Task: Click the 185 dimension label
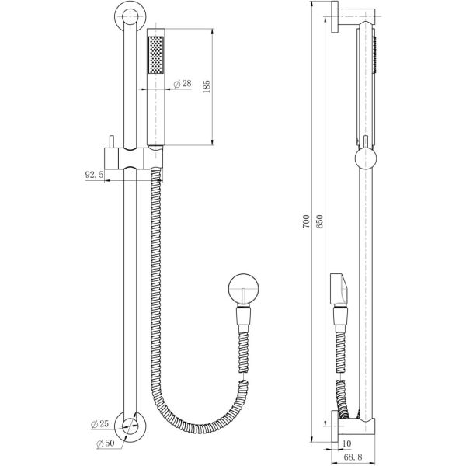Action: pyautogui.click(x=207, y=86)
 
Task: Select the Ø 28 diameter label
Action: pyautogui.click(x=183, y=84)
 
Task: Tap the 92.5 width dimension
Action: pyautogui.click(x=94, y=175)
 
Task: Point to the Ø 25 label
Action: pyautogui.click(x=100, y=424)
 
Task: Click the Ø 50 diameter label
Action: pyautogui.click(x=106, y=443)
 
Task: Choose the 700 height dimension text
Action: pyautogui.click(x=306, y=221)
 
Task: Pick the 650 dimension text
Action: pyautogui.click(x=319, y=221)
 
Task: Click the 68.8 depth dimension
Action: pyautogui.click(x=353, y=457)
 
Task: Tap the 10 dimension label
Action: pyautogui.click(x=347, y=443)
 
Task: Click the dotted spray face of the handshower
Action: pyautogui.click(x=156, y=54)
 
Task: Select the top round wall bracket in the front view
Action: pyautogui.click(x=130, y=16)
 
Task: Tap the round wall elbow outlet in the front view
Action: pyautogui.click(x=243, y=289)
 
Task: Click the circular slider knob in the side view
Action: pyautogui.click(x=366, y=158)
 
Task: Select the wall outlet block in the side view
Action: pyautogui.click(x=339, y=290)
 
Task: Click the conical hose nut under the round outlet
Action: pyautogui.click(x=243, y=316)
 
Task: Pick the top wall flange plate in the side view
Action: pyautogui.click(x=334, y=17)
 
